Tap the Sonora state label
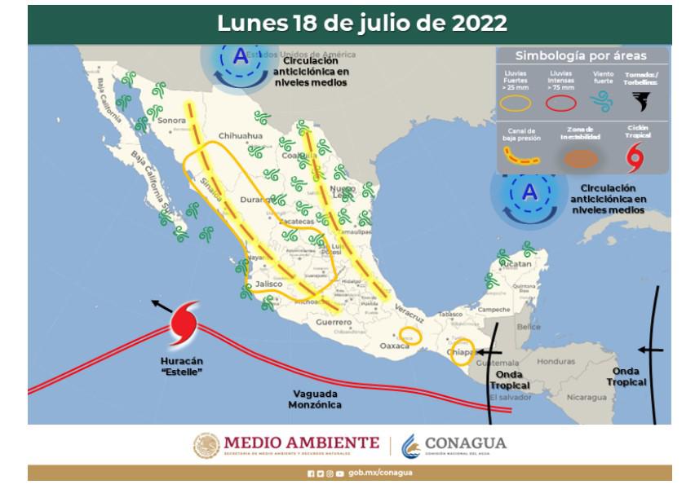pos(171,121)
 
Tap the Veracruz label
pos(409,308)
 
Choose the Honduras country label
pos(556,361)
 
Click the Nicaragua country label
pos(587,397)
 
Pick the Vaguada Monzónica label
pos(317,399)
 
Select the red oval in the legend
pos(561,103)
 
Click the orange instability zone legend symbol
pos(580,158)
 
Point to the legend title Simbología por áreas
pos(581,56)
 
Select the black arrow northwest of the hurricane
pos(162,306)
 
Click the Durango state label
pos(255,199)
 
